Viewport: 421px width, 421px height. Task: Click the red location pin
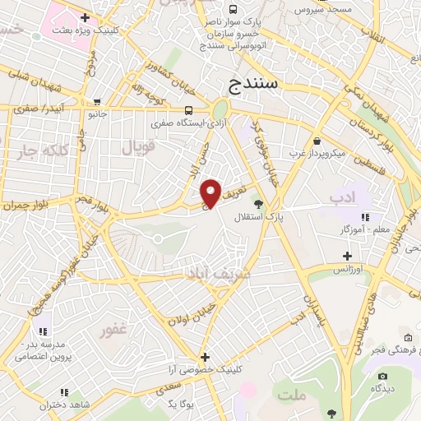[x=212, y=192]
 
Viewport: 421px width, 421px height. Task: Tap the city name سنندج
[x=255, y=84]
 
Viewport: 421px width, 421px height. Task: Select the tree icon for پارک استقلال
[x=258, y=203]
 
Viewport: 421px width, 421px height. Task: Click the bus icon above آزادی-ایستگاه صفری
[x=190, y=111]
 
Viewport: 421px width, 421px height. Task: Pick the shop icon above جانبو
[x=98, y=103]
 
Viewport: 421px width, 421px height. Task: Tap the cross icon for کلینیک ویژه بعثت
[x=85, y=16]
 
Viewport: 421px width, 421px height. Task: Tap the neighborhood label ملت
[x=292, y=396]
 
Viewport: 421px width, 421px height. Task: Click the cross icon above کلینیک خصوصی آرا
[x=205, y=357]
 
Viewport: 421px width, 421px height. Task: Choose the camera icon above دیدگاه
[x=381, y=375]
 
